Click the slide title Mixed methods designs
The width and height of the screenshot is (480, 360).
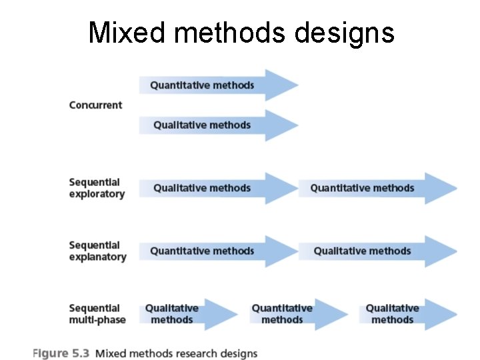tap(241, 32)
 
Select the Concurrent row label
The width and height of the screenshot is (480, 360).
tap(95, 105)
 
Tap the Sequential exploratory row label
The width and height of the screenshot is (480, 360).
tap(96, 188)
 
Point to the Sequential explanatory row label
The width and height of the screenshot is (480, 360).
tap(97, 251)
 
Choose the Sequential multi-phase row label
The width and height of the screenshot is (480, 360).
tap(97, 314)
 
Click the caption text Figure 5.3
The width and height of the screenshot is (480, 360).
tap(61, 353)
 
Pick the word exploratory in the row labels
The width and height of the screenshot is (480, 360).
tap(97, 194)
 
